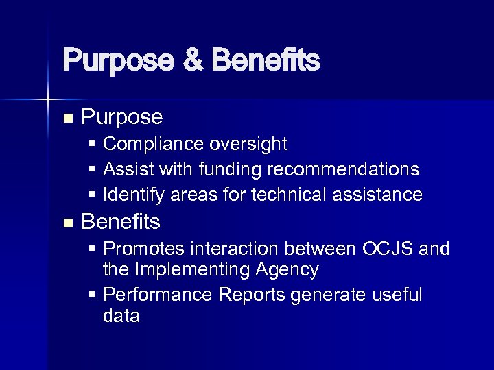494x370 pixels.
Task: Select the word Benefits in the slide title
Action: coord(266,60)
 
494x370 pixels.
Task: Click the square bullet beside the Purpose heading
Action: coord(67,119)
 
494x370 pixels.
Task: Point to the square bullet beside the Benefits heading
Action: coord(67,223)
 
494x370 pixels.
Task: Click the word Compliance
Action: coord(146,144)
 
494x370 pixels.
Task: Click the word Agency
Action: coord(288,270)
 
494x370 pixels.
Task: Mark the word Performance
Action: coord(158,295)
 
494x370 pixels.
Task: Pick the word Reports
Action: coord(252,295)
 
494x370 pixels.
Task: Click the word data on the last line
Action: coord(121,316)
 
